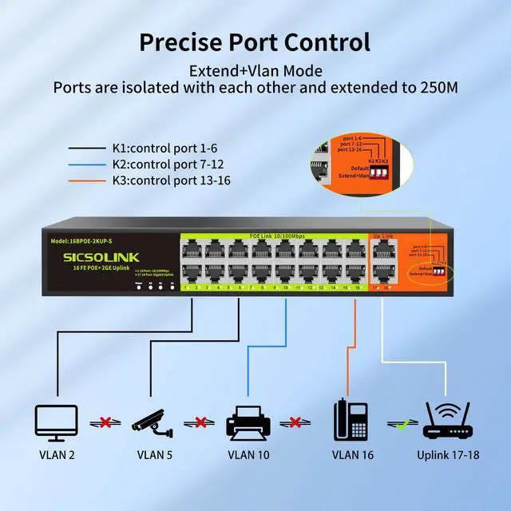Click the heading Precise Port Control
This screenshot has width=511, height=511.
[x=255, y=41]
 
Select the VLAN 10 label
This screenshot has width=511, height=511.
[x=248, y=456]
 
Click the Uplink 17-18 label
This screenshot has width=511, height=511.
[x=449, y=456]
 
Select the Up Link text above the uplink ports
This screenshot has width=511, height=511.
[x=382, y=236]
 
